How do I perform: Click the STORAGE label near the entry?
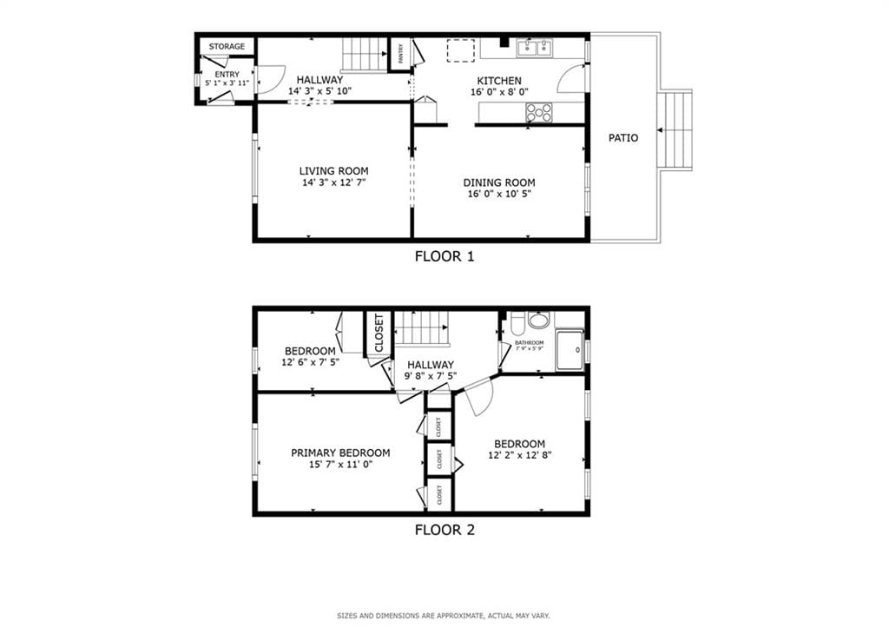pos(227,46)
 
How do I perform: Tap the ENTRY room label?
pos(227,75)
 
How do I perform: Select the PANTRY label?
pos(400,55)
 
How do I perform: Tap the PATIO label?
pos(622,137)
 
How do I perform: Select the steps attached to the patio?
pos(676,130)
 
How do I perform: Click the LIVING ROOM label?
pos(333,171)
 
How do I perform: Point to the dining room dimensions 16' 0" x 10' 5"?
pos(498,194)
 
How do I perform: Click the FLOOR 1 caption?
pos(444,256)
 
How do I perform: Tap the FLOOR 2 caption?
pos(444,529)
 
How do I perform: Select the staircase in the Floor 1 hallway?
pos(362,55)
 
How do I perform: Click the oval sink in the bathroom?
pos(538,321)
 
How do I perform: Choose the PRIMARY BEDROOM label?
pos(340,453)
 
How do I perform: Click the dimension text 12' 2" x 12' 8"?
pos(521,454)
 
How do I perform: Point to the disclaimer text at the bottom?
pos(444,616)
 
